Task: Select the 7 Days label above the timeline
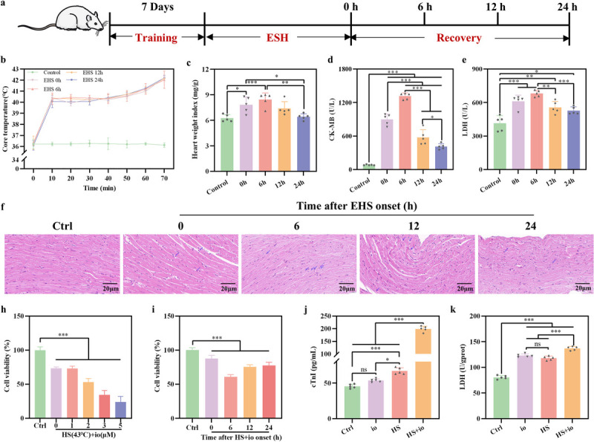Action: pyautogui.click(x=156, y=8)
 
